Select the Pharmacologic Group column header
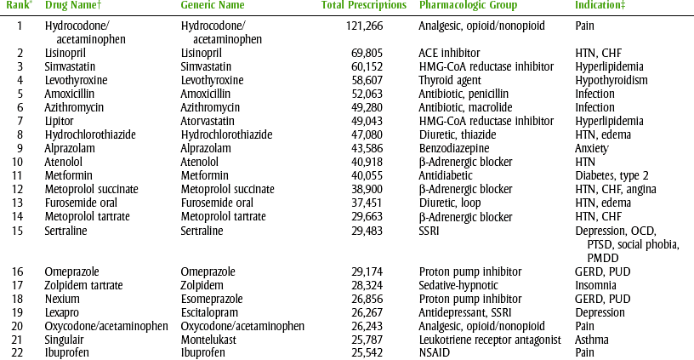pyautogui.click(x=464, y=6)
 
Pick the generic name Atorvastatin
pyautogui.click(x=210, y=122)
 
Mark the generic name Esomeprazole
pyautogui.click(x=213, y=299)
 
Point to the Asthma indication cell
pyautogui.click(x=591, y=340)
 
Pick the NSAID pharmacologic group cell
pyautogui.click(x=434, y=353)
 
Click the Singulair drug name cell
pyautogui.click(x=65, y=340)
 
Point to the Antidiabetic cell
pyautogui.click(x=448, y=176)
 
